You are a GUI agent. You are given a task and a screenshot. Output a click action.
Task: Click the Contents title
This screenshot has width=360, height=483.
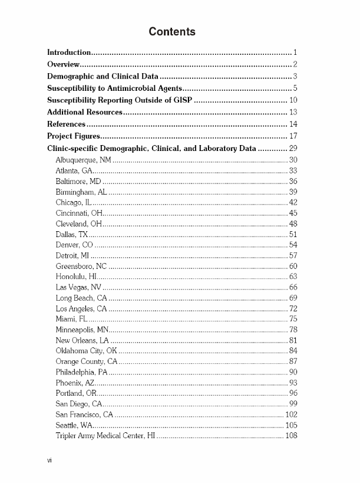click(x=172, y=32)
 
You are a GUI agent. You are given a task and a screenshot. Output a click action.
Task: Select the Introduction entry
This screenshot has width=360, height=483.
click(x=69, y=52)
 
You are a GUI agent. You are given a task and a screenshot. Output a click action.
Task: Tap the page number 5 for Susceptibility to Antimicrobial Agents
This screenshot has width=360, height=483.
click(x=294, y=88)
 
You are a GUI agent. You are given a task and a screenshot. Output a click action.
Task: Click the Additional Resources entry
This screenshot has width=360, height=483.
click(x=85, y=112)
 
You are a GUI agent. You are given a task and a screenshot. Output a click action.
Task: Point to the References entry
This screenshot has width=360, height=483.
click(x=67, y=124)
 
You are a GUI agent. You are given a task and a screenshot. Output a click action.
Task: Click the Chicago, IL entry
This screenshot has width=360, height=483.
click(x=72, y=202)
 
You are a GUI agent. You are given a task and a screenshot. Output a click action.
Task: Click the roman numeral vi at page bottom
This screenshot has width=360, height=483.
click(x=49, y=460)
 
